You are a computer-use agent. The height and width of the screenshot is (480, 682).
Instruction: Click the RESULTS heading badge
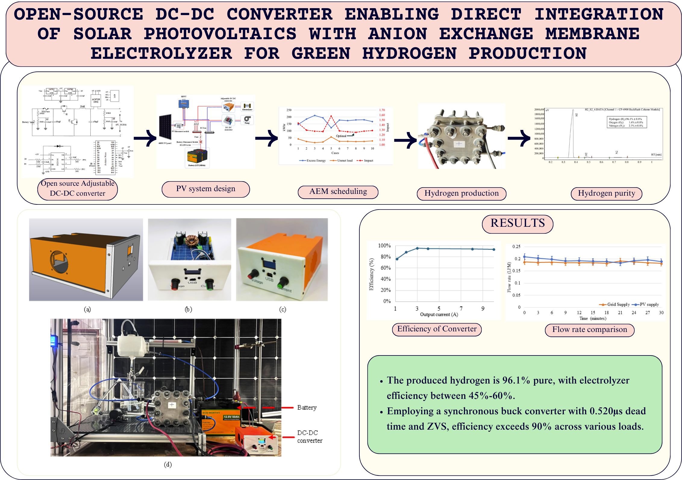point(518,223)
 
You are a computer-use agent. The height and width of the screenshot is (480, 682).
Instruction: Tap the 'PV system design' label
point(206,189)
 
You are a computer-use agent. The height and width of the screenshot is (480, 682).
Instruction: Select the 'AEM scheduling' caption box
point(338,192)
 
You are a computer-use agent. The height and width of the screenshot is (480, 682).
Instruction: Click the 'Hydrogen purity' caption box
point(606,193)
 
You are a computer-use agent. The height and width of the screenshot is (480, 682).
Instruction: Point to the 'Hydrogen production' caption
point(461,193)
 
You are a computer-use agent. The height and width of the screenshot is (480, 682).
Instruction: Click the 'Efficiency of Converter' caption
point(437,329)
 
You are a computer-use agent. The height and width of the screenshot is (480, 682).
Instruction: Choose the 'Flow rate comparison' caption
point(590,330)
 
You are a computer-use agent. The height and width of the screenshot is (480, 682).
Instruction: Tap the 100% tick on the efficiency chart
point(384,246)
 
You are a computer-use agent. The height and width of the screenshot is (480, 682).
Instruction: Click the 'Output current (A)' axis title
point(439,314)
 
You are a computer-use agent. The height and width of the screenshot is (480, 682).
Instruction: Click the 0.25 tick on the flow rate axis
point(516,247)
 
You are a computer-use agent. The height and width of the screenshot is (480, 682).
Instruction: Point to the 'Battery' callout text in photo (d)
point(307,408)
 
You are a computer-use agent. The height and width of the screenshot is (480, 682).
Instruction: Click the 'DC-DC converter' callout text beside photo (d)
point(309,437)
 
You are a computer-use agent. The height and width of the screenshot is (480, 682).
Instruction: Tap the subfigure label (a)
point(87,309)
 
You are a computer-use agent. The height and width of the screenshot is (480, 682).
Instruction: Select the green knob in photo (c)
point(283,283)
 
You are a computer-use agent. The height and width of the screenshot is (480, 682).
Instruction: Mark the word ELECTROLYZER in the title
point(161,54)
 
